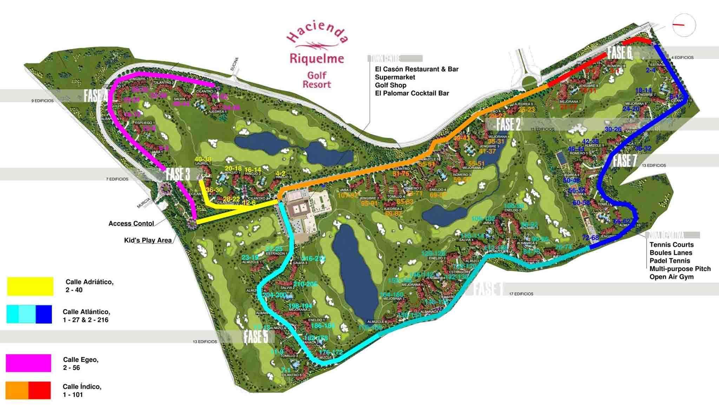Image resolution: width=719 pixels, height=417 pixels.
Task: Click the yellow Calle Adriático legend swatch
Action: pyautogui.click(x=30, y=286)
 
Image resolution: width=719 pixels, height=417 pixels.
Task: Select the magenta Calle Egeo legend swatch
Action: pyautogui.click(x=28, y=363)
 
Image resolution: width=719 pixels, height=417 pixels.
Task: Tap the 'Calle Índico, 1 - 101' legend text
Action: pyautogui.click(x=82, y=390)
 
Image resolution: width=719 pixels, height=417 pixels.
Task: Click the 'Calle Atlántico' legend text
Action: pyautogui.click(x=86, y=316)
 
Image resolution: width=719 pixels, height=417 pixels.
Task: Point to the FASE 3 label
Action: pyautogui.click(x=178, y=174)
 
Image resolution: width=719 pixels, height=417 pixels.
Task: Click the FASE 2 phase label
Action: pyautogui.click(x=508, y=124)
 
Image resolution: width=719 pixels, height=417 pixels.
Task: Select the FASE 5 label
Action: pyautogui.click(x=256, y=336)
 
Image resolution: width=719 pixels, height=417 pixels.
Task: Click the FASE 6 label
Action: pyautogui.click(x=620, y=53)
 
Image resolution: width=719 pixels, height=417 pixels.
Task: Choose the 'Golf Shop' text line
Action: pyautogui.click(x=390, y=85)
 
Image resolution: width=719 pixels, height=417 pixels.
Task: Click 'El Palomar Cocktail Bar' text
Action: pyautogui.click(x=412, y=93)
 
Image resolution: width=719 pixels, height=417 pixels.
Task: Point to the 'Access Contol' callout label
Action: pyautogui.click(x=131, y=224)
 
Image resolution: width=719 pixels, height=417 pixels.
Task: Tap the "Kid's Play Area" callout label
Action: pyautogui.click(x=148, y=240)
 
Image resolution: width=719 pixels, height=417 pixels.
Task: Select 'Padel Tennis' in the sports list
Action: pyautogui.click(x=669, y=260)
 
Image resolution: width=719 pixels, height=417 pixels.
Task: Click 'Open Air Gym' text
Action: pyautogui.click(x=671, y=277)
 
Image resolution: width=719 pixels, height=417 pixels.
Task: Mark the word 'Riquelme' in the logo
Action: pyautogui.click(x=317, y=58)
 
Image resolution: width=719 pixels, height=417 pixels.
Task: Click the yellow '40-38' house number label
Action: pyautogui.click(x=203, y=159)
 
